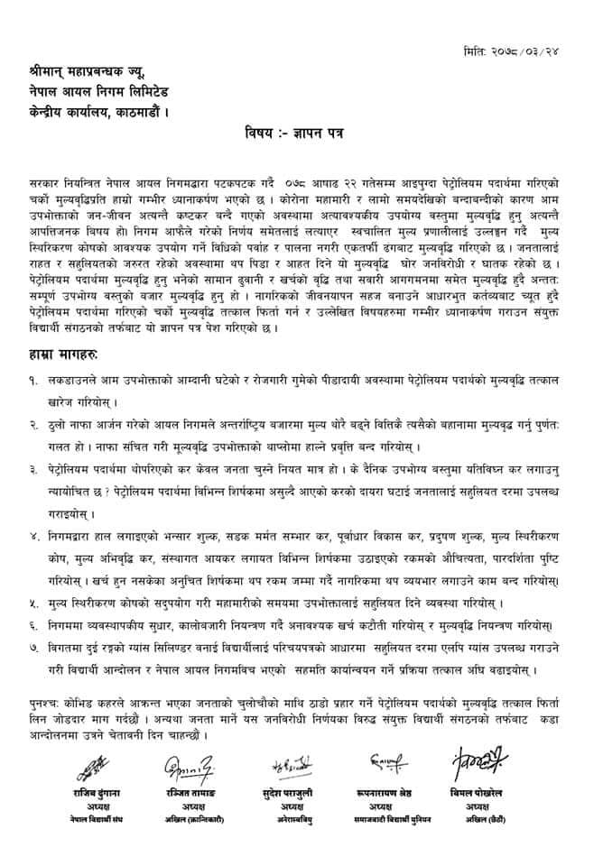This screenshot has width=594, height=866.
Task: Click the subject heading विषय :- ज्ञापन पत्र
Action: tap(295, 133)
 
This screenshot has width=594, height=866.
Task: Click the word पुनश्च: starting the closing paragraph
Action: tap(44, 701)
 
